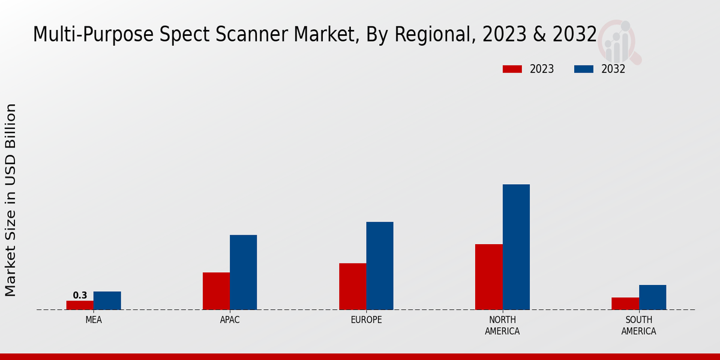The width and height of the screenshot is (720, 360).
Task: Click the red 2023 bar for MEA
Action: (x=80, y=305)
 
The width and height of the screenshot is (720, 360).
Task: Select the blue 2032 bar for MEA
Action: (x=107, y=301)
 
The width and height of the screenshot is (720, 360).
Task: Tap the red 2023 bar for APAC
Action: (x=216, y=291)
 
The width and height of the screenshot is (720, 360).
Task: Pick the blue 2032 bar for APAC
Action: (x=243, y=272)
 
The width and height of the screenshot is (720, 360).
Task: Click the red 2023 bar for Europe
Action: (x=352, y=286)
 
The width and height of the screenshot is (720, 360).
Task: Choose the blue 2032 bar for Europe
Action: (x=380, y=266)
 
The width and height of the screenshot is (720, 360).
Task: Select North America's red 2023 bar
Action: (x=488, y=277)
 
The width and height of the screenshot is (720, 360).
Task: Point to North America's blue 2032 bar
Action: (x=516, y=247)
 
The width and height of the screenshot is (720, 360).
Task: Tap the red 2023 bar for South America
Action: (x=625, y=304)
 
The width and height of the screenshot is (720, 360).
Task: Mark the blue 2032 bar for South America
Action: (x=652, y=297)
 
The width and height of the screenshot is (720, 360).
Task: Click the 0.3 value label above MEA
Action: (x=80, y=295)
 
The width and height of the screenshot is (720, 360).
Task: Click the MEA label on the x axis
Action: (x=94, y=320)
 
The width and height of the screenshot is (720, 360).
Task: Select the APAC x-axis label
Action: (x=230, y=320)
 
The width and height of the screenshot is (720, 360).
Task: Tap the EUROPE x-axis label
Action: (x=366, y=320)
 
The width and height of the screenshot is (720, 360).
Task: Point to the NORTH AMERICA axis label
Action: (x=502, y=325)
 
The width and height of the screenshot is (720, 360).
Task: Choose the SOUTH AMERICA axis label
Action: (x=638, y=325)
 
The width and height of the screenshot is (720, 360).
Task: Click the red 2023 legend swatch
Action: (x=512, y=69)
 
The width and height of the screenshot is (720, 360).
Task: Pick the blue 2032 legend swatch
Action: (x=584, y=69)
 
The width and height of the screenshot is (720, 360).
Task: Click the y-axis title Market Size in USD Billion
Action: (x=11, y=200)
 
